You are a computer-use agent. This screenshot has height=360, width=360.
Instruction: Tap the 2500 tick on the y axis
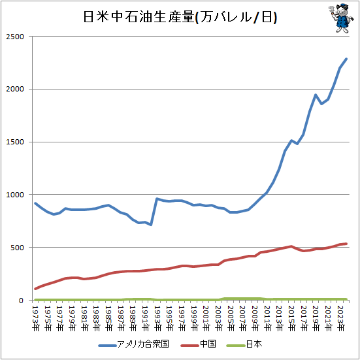15,37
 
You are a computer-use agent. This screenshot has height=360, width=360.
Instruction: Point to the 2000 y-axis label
15,90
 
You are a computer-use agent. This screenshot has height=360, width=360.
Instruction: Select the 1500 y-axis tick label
15,142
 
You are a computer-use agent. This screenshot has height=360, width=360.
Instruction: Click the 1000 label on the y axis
15,195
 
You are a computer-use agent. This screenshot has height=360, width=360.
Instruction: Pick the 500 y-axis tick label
18,248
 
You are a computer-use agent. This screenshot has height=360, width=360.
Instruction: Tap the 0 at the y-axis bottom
22,301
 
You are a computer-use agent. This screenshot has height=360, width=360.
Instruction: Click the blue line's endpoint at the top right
346,59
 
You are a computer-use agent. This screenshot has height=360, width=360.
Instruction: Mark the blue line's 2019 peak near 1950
316,95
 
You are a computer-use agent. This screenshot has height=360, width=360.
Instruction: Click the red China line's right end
346,244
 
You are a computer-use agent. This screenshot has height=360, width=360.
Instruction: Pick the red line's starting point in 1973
35,289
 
